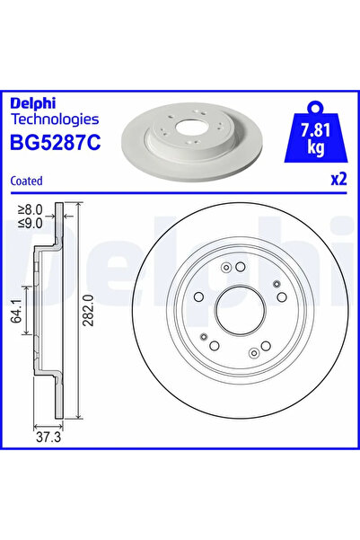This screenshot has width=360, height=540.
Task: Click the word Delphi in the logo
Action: [31, 101]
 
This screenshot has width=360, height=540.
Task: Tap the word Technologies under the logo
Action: [55, 118]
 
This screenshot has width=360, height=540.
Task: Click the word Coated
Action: [27, 180]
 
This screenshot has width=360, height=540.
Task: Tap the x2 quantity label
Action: [338, 179]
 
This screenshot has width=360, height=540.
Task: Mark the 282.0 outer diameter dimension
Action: [90, 310]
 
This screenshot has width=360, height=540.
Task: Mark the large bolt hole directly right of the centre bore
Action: [281, 297]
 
